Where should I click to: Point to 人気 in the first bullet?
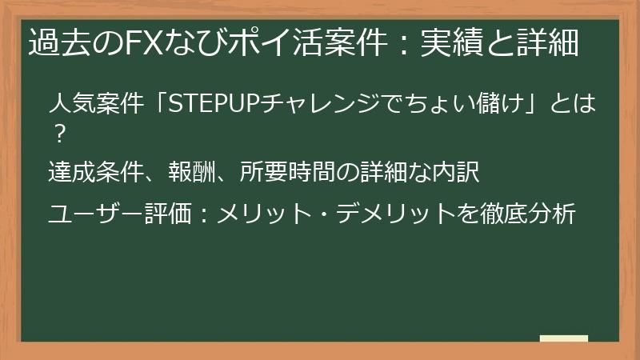click(x=70, y=105)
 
